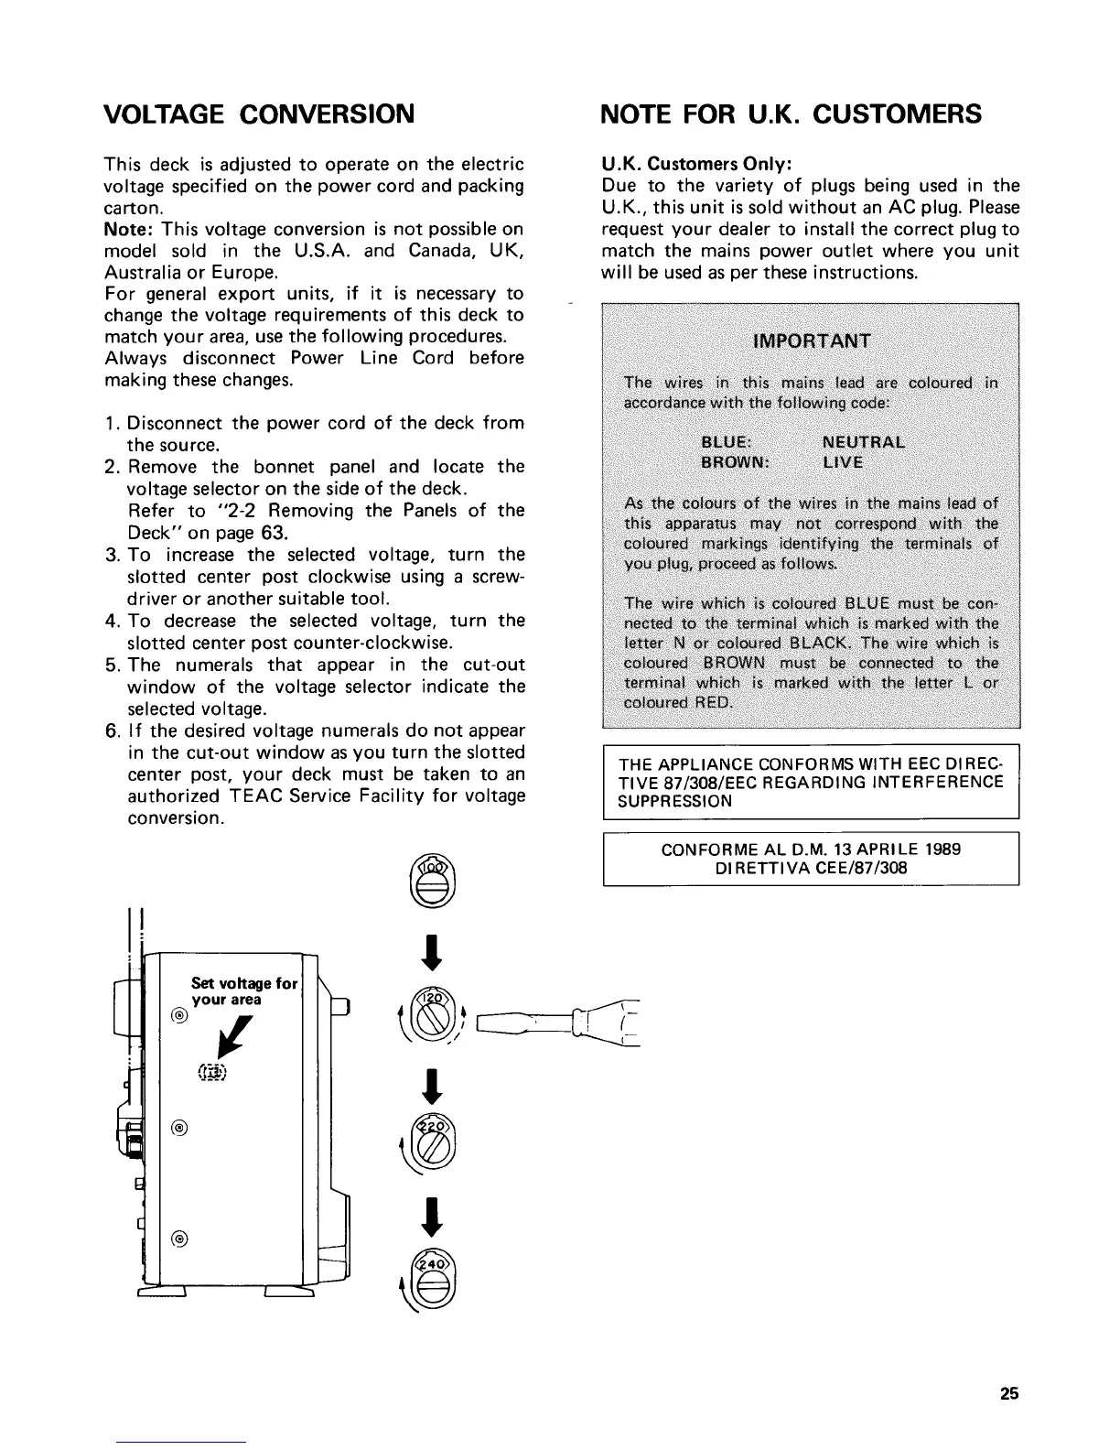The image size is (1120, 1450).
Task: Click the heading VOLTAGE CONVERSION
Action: [x=259, y=114]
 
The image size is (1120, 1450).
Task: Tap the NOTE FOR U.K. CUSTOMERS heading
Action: [x=791, y=114]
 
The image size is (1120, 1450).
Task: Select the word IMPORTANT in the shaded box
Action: [x=811, y=341]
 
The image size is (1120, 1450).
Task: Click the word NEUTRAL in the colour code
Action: [x=864, y=442]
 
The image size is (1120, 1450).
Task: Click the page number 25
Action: [x=1008, y=1395]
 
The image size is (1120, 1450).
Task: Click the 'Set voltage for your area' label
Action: [x=242, y=991]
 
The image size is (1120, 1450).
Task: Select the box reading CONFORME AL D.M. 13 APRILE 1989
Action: [x=811, y=859]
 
